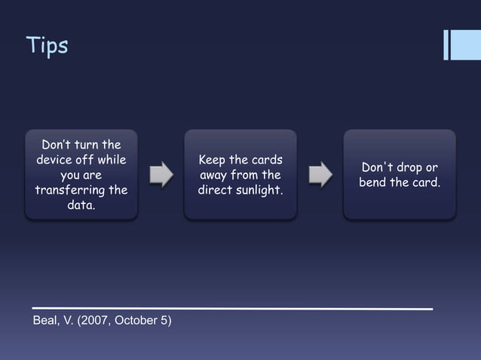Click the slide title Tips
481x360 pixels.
(47, 46)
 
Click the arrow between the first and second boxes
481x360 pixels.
(161, 174)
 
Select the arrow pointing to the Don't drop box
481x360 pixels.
(320, 174)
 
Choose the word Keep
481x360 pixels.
(213, 160)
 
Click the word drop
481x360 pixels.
(408, 167)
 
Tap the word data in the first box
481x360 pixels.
(81, 204)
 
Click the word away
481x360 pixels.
(214, 175)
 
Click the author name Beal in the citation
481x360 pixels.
(47, 322)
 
